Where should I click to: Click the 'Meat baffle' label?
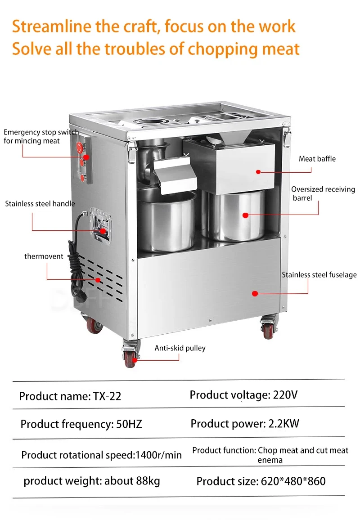coord(317,159)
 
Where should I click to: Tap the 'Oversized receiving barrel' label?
coord(323,193)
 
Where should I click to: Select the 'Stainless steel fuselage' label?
coord(319,274)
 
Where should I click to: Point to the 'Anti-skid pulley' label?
coord(180,348)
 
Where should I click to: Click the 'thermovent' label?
coord(44,256)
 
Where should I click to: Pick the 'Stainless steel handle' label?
coord(40,203)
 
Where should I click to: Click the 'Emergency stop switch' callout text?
coord(41,136)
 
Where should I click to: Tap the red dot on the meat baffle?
coord(258,171)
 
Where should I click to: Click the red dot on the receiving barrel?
coord(245,215)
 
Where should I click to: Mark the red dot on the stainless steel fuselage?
coord(255,293)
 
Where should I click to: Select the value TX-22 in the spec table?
coord(107,396)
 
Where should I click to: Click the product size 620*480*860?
coord(293,481)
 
